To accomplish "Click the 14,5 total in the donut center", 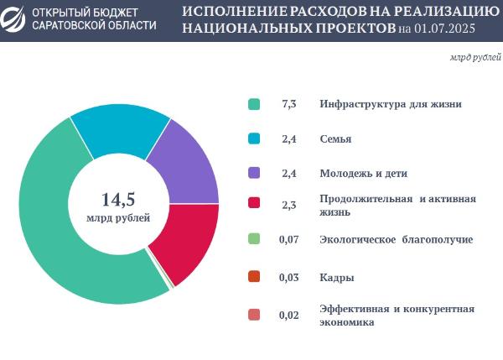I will pos(118,200).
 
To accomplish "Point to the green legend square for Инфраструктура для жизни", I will pos(254,104).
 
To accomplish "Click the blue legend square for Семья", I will pos(254,138).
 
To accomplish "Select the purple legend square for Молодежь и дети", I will pos(254,173).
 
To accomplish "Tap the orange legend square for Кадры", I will pos(254,277).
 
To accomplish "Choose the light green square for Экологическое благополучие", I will pos(254,240).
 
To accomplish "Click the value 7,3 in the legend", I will pos(289,104).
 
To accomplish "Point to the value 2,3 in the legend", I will pos(289,205).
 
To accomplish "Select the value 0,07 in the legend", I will pos(289,240).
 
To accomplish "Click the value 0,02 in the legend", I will pos(289,316).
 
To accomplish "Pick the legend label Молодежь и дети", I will pos(364,173).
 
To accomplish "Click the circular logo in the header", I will pos(16,19).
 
